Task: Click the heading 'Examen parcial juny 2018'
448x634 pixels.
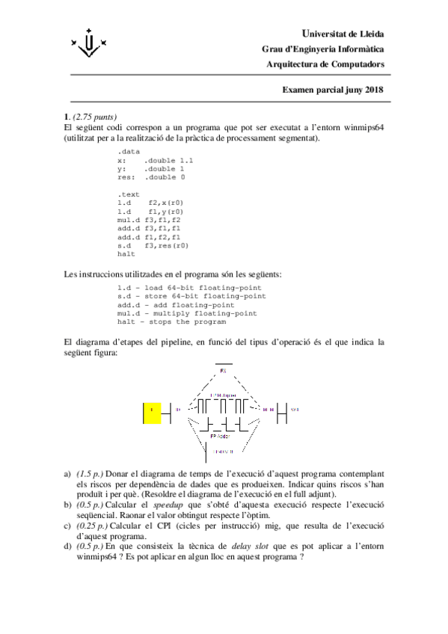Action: pos(332,90)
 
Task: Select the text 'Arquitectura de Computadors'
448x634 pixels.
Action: pos(326,64)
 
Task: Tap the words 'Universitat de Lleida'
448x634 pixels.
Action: pos(343,34)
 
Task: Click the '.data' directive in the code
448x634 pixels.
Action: pos(129,152)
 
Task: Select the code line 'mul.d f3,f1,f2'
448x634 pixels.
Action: pos(150,220)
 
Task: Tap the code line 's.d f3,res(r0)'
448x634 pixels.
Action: pos(153,245)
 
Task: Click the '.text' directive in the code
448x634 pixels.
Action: pos(129,194)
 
